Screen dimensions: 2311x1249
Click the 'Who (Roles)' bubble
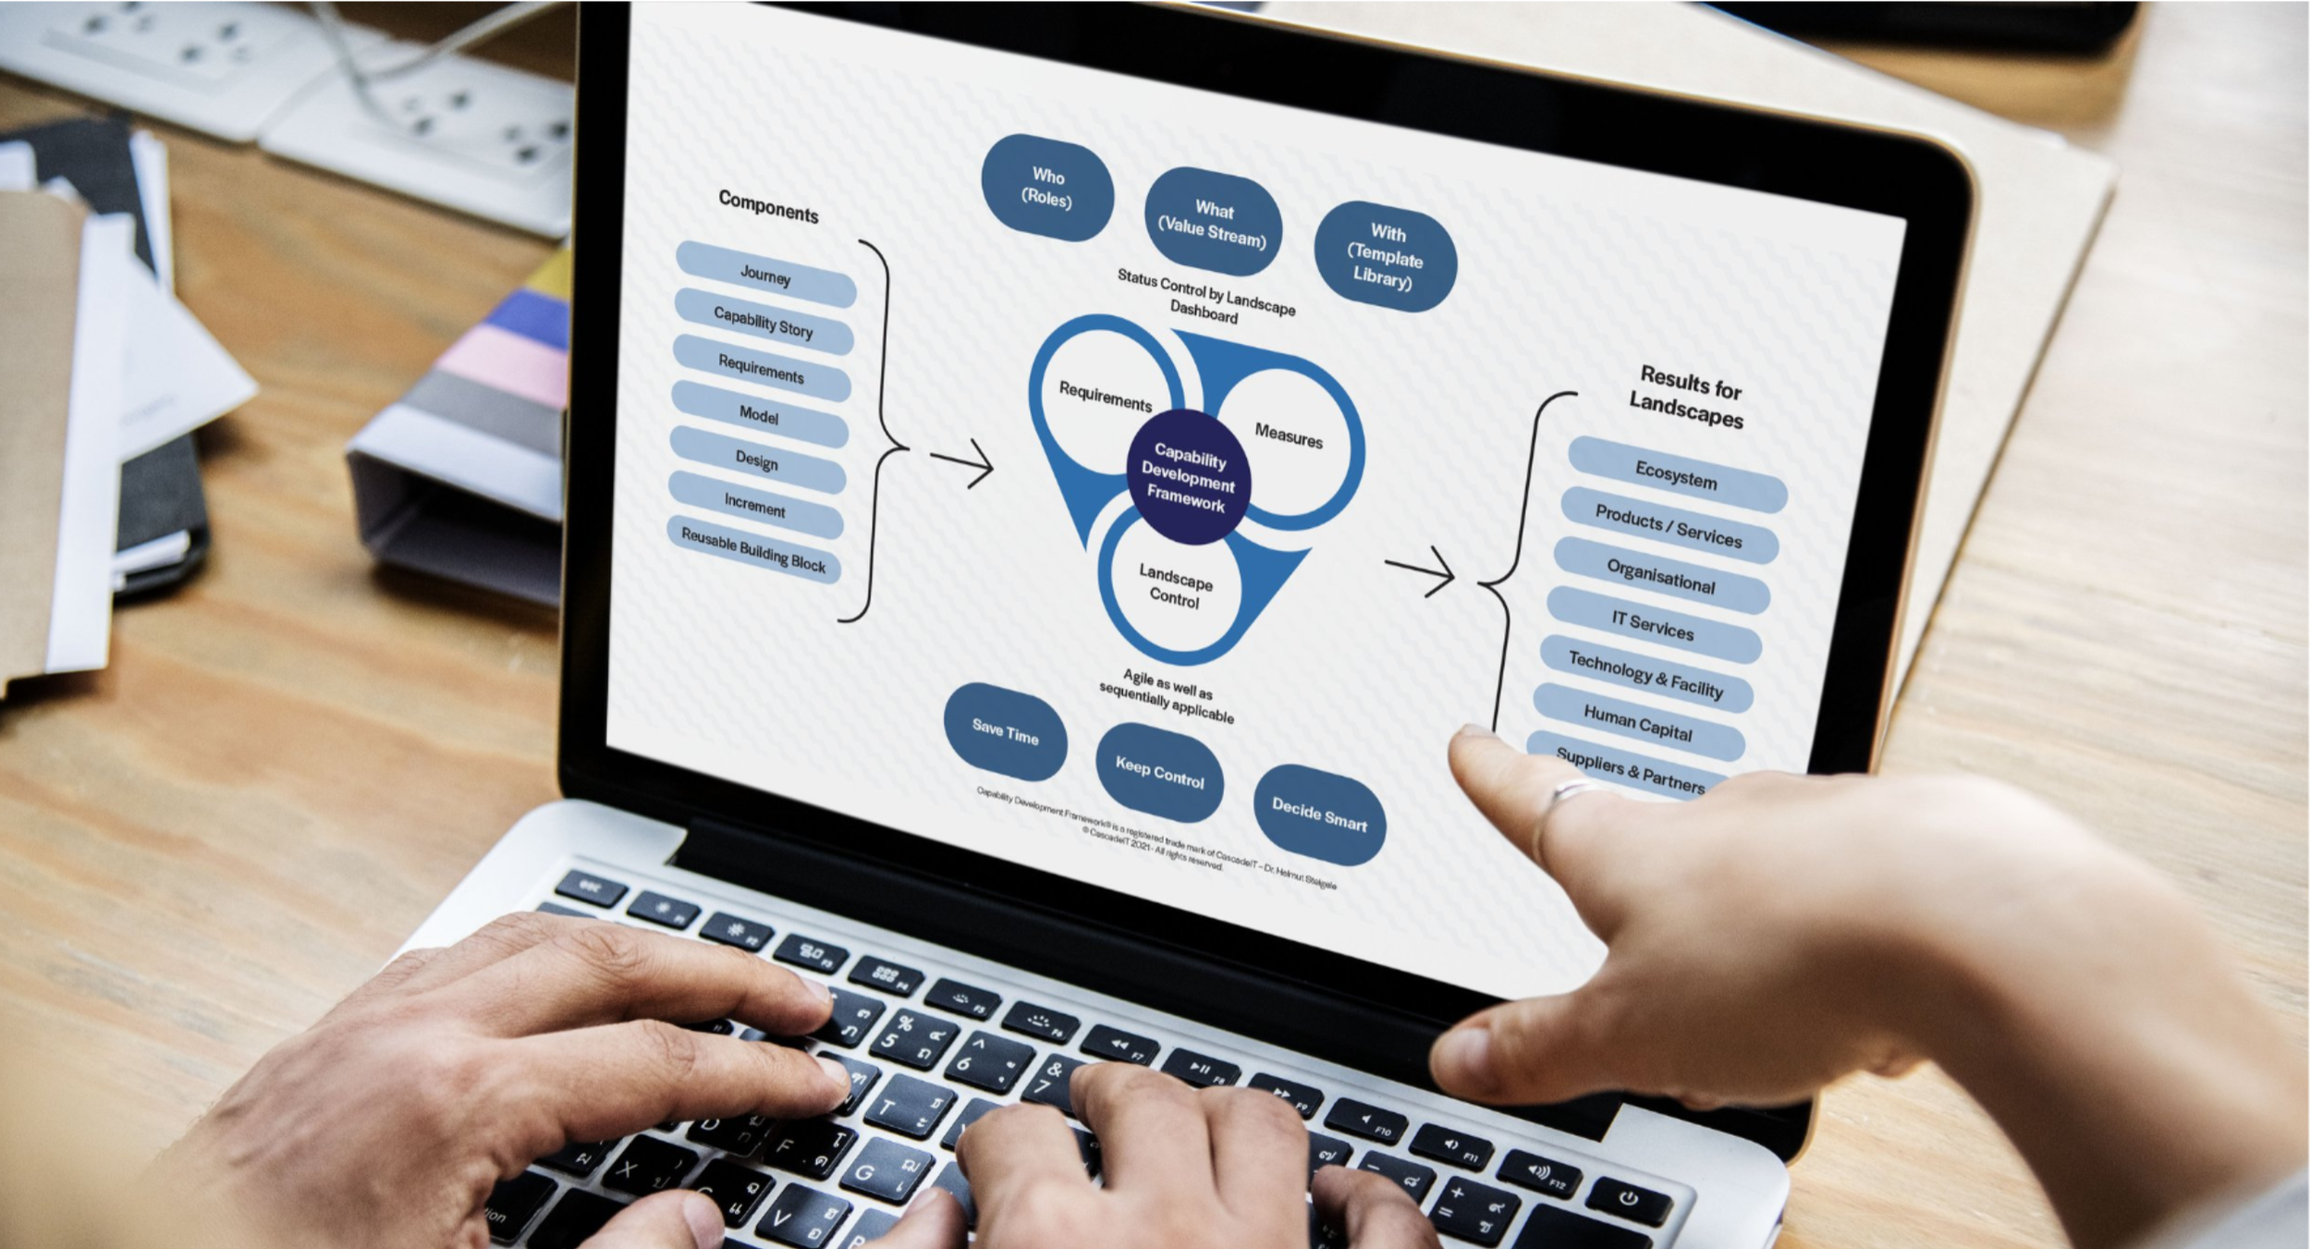pyautogui.click(x=1047, y=188)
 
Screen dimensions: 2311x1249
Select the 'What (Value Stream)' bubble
pyautogui.click(x=1213, y=222)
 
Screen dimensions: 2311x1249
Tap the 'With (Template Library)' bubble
pyautogui.click(x=1385, y=256)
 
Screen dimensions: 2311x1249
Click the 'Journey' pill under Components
pyautogui.click(x=765, y=275)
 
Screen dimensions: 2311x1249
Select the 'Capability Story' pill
pyautogui.click(x=764, y=322)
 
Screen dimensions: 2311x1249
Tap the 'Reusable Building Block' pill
pyautogui.click(x=753, y=550)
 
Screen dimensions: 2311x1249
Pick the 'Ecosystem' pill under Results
pyautogui.click(x=1677, y=475)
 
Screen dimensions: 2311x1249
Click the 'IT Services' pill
pyautogui.click(x=1653, y=625)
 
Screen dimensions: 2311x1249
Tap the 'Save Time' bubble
pyautogui.click(x=1006, y=732)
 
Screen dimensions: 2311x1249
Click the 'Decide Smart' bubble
pyautogui.click(x=1319, y=814)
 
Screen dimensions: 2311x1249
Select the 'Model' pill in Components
pyautogui.click(x=759, y=415)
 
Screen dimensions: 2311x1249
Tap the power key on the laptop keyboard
pyautogui.click(x=1628, y=1199)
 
